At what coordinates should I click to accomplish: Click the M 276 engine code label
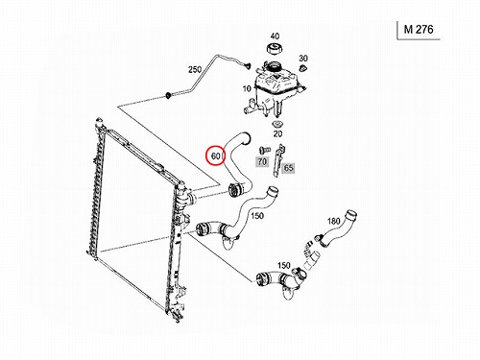tap(419, 30)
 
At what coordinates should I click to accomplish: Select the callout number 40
tap(275, 36)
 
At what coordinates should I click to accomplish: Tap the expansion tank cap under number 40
tap(275, 49)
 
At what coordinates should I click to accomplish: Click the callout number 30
tap(303, 59)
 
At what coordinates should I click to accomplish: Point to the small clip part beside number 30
tap(302, 68)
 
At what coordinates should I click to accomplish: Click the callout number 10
tap(247, 88)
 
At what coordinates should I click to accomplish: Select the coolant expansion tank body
tap(275, 89)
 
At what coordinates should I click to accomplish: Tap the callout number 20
tap(277, 133)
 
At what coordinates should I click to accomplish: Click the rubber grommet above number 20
tap(276, 124)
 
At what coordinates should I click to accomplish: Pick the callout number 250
tap(195, 69)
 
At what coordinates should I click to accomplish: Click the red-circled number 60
tap(216, 156)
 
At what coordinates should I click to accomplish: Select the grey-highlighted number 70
tap(262, 161)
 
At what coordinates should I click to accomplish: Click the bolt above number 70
tap(264, 150)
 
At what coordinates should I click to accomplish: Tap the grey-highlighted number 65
tap(289, 168)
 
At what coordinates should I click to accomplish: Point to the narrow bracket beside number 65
tap(278, 160)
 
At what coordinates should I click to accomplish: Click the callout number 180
tap(333, 221)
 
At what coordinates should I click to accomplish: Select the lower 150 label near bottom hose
tap(284, 265)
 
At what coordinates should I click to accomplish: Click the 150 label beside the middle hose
tap(257, 216)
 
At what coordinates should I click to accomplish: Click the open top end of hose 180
tap(351, 214)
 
